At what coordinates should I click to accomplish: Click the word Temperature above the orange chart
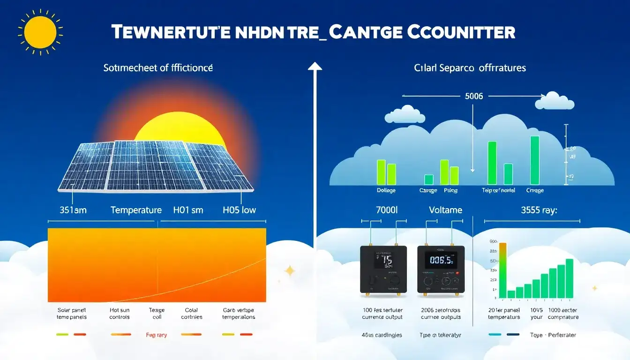click(x=136, y=210)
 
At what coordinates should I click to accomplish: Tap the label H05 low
click(x=239, y=210)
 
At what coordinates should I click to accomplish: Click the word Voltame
click(x=446, y=210)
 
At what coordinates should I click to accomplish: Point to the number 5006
click(x=473, y=96)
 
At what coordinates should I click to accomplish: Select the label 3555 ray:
click(x=539, y=210)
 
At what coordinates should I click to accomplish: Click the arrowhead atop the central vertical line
click(x=315, y=67)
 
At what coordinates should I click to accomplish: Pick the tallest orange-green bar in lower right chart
click(x=503, y=270)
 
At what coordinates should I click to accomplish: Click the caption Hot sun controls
click(x=119, y=314)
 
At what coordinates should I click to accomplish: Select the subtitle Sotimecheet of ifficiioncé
click(x=158, y=68)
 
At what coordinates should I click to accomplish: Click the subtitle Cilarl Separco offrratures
click(x=470, y=68)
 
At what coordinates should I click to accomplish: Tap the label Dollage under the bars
click(x=386, y=190)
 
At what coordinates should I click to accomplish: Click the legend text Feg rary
click(x=156, y=335)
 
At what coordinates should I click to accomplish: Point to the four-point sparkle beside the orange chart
click(x=290, y=270)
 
